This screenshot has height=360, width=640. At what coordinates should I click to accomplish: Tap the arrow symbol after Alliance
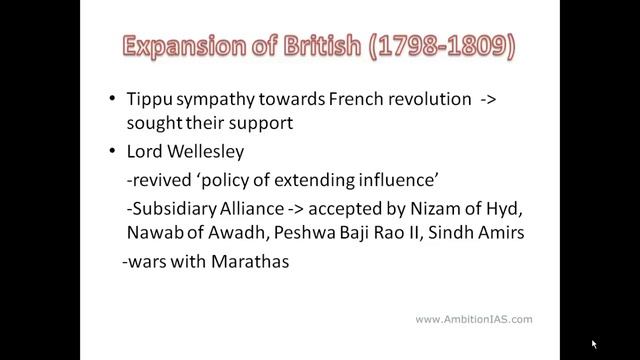point(322,217)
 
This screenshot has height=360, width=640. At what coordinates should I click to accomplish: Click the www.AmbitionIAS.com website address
point(473,319)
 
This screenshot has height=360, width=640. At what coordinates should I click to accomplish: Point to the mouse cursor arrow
point(594,344)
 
